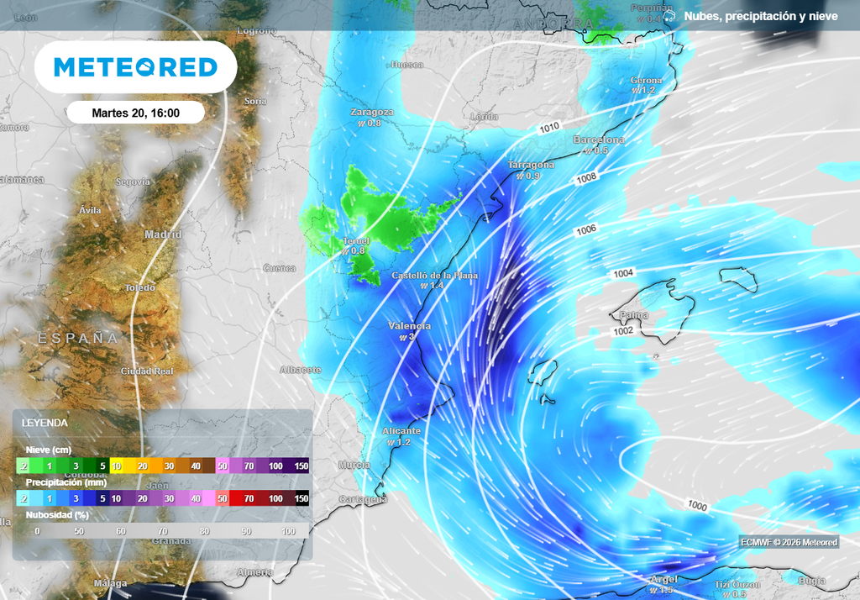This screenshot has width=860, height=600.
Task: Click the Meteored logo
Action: (x=135, y=67)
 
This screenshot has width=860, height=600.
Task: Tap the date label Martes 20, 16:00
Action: (x=135, y=113)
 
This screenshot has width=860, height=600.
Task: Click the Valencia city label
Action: (x=410, y=326)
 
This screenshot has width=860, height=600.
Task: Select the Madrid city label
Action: (x=163, y=234)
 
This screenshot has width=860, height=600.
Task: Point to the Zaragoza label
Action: (x=372, y=112)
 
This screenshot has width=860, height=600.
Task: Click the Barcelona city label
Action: (x=599, y=139)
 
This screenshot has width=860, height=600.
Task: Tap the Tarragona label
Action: (x=531, y=165)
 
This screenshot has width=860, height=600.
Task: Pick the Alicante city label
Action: (x=401, y=431)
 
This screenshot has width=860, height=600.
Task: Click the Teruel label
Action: (x=356, y=240)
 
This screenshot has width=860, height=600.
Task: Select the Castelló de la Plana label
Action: (x=435, y=275)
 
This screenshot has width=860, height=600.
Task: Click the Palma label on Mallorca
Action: (x=633, y=315)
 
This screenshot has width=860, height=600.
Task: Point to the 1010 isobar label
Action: (x=549, y=128)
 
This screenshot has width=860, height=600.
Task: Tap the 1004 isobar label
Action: (x=623, y=273)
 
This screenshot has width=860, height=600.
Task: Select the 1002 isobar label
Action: (x=623, y=331)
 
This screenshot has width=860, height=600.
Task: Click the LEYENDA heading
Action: (x=45, y=423)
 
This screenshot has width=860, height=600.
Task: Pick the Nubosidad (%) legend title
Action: (x=57, y=514)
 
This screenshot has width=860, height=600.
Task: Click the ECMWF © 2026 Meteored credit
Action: (x=789, y=543)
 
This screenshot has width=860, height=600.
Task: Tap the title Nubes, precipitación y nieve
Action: (x=760, y=16)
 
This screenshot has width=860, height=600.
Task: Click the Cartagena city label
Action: (x=363, y=499)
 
